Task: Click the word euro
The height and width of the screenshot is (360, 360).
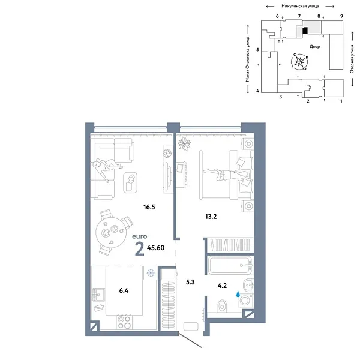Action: point(140,238)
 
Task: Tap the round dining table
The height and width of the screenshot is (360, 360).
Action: point(112,230)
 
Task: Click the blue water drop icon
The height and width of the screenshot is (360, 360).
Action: point(239,295)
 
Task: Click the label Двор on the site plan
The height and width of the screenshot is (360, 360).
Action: point(315,46)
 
